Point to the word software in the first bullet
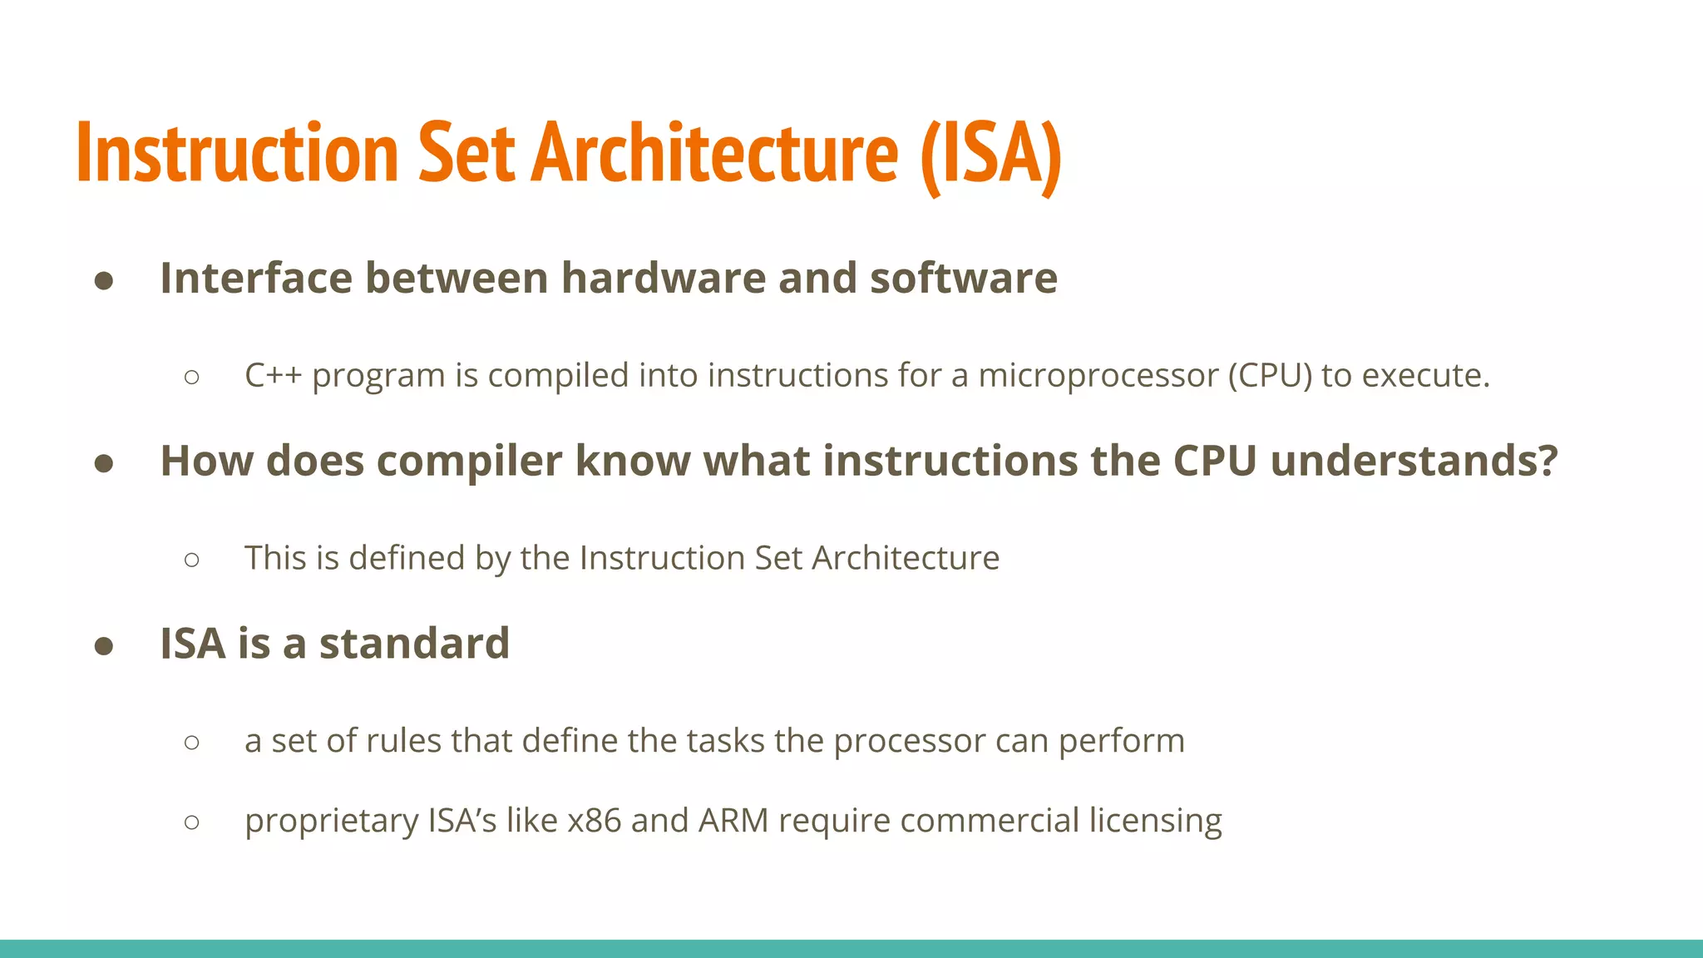(x=964, y=278)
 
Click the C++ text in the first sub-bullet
(x=273, y=376)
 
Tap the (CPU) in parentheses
(x=1270, y=376)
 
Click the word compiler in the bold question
(x=469, y=462)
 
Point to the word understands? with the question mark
(x=1414, y=461)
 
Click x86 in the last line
(x=594, y=821)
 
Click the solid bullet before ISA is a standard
(x=104, y=646)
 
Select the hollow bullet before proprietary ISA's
(x=192, y=822)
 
